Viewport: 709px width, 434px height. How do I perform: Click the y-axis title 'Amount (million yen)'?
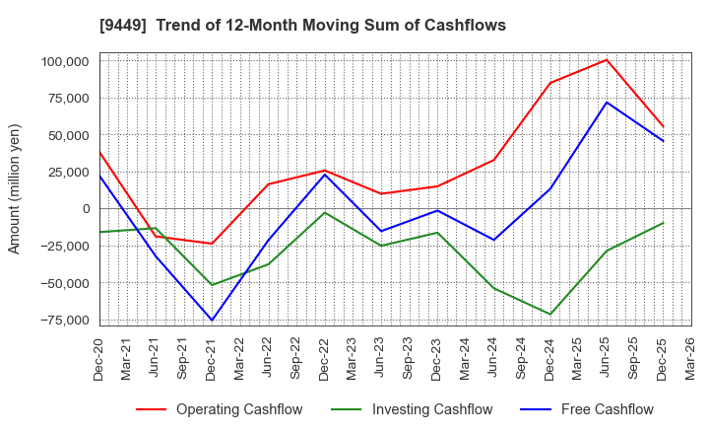click(14, 188)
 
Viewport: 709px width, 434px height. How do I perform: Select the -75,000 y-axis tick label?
click(61, 320)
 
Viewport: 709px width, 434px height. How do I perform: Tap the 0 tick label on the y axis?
click(85, 209)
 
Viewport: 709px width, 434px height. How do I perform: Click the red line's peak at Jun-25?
click(607, 60)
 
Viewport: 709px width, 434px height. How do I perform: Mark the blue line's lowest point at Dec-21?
click(212, 320)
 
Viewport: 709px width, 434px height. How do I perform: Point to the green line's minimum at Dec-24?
click(550, 314)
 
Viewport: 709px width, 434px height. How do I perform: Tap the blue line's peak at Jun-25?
click(607, 102)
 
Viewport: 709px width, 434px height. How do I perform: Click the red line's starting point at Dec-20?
click(99, 152)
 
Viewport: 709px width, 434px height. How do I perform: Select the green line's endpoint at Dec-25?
click(663, 223)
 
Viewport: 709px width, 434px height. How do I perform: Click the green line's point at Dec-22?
click(325, 212)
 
